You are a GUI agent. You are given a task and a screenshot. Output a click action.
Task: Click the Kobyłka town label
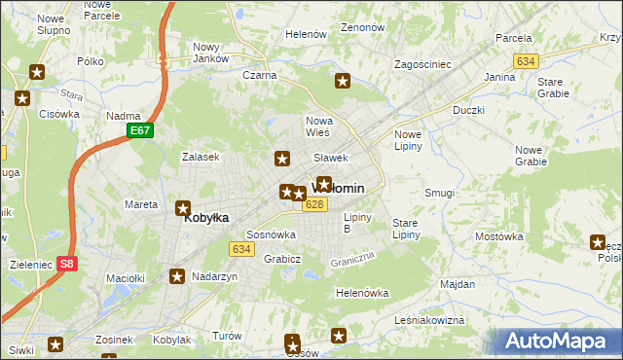pyautogui.click(x=206, y=219)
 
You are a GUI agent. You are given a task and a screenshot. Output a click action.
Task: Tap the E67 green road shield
pyautogui.click(x=139, y=129)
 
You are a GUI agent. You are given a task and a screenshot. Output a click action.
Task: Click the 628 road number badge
pyautogui.click(x=313, y=204)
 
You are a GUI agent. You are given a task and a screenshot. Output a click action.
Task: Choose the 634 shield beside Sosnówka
pyautogui.click(x=242, y=249)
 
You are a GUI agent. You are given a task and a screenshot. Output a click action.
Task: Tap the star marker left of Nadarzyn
pyautogui.click(x=177, y=276)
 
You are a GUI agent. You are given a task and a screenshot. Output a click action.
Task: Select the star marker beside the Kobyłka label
pyautogui.click(x=183, y=207)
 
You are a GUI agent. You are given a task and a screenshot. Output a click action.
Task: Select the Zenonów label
pyautogui.click(x=363, y=28)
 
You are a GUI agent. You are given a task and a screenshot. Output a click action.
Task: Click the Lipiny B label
pyautogui.click(x=359, y=223)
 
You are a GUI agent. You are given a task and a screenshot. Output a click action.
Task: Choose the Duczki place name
pyautogui.click(x=468, y=110)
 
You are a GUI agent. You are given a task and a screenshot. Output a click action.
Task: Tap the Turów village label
pyautogui.click(x=227, y=336)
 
